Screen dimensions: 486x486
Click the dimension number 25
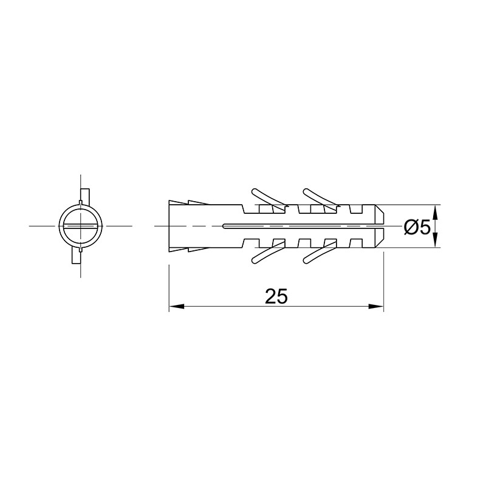[276, 296]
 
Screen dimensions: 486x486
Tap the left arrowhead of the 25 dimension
[176, 306]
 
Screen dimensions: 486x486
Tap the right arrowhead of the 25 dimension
[376, 306]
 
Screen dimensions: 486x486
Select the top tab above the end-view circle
[85, 196]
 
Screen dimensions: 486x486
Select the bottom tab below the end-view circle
[77, 256]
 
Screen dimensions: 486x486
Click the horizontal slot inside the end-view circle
[81, 226]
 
